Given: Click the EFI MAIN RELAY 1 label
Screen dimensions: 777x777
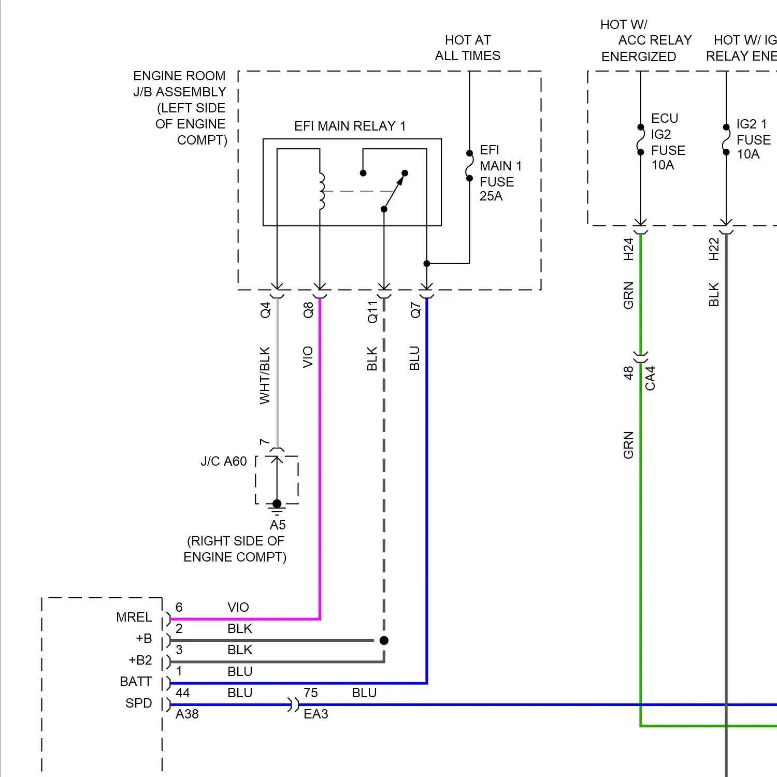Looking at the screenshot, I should [350, 126].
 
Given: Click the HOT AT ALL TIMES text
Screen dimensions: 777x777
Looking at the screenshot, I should [467, 48].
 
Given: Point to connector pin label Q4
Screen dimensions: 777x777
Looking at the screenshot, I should [265, 310].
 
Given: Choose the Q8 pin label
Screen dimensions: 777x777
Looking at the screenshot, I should [308, 310].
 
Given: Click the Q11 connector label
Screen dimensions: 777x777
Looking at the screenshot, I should [372, 312].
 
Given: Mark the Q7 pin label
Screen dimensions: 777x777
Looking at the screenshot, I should [415, 310].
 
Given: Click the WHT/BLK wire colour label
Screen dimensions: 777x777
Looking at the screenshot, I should [265, 375].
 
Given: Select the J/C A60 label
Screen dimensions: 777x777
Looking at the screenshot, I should [224, 461].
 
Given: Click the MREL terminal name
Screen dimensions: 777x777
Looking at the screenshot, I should [134, 617].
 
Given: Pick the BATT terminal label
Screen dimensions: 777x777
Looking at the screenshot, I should [135, 681].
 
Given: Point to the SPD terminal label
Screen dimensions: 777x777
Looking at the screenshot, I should [138, 703].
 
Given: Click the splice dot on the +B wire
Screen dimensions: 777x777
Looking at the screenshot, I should [384, 641].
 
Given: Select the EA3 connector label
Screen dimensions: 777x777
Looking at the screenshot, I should [315, 714].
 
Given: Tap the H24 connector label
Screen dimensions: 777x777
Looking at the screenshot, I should [628, 249].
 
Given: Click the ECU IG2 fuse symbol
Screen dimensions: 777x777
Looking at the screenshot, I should [641, 139].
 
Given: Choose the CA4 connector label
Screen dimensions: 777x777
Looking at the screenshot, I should [650, 378].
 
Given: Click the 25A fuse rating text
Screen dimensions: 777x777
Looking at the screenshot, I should [491, 196].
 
